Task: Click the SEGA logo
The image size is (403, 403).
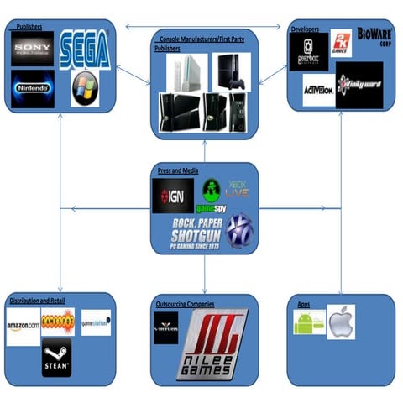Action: (x=85, y=50)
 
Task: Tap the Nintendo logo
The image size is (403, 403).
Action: (x=33, y=87)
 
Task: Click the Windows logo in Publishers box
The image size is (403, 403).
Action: (x=85, y=89)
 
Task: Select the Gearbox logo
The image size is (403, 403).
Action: (x=309, y=51)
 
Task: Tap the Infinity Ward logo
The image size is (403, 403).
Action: (x=359, y=86)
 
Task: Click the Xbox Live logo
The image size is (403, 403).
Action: (x=238, y=191)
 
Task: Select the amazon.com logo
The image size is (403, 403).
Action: (x=24, y=322)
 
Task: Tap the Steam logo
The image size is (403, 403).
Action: (x=57, y=358)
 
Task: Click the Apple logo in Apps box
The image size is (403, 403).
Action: (x=341, y=322)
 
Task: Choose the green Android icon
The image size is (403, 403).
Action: (x=308, y=322)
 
